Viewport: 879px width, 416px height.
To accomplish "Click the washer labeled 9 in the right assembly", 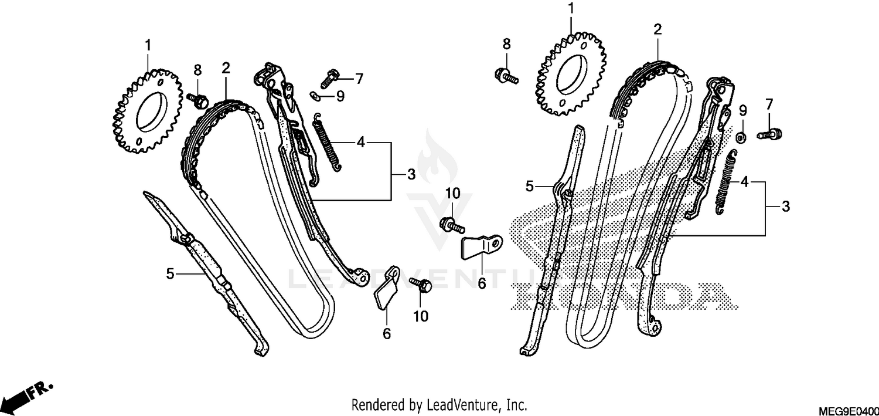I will tap(741, 137).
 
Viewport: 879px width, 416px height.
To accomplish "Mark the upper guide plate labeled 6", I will tap(481, 246).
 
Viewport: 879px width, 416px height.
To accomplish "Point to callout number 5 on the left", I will tap(170, 273).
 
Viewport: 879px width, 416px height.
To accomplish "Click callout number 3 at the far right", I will tap(785, 207).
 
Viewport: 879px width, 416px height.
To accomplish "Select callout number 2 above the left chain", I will tap(226, 68).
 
